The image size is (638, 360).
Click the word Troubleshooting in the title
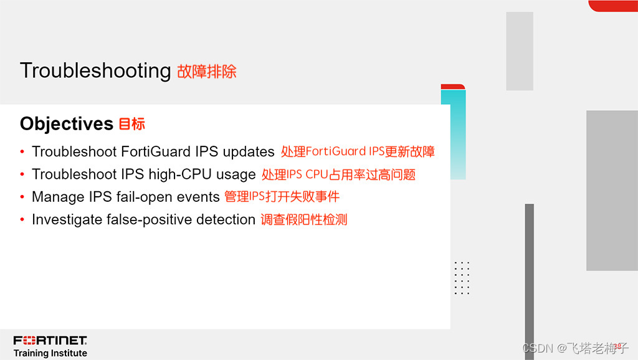(95, 71)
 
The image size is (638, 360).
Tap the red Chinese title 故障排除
(207, 72)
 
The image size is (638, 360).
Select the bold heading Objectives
(66, 124)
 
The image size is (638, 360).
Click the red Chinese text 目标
(132, 124)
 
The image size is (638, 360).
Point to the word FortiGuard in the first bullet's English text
(156, 152)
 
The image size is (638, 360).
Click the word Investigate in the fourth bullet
(67, 220)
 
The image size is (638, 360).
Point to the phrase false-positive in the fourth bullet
(149, 220)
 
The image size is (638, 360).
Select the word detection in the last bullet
(226, 220)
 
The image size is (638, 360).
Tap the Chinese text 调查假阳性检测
(304, 220)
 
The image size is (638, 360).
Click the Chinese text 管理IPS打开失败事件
(282, 197)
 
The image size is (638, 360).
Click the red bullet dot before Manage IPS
(22, 197)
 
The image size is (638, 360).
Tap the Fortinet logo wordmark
(50, 340)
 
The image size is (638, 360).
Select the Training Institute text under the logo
(50, 353)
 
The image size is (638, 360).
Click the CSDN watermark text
(575, 348)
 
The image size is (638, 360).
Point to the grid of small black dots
(462, 278)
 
